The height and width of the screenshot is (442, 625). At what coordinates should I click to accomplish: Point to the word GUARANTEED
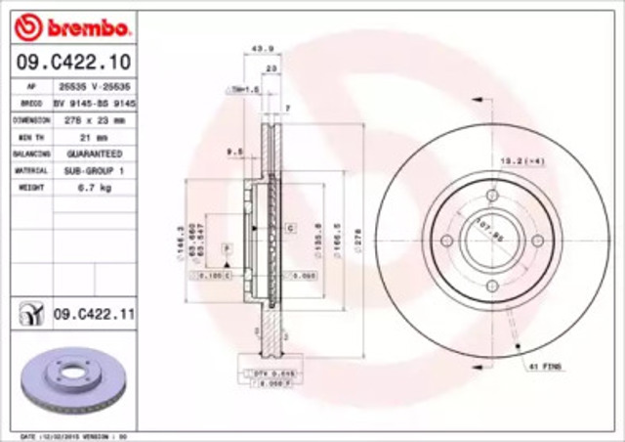[94, 155]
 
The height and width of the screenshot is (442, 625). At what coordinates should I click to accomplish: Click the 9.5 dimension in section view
[233, 152]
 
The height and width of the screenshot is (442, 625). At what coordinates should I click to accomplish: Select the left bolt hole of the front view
[447, 242]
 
